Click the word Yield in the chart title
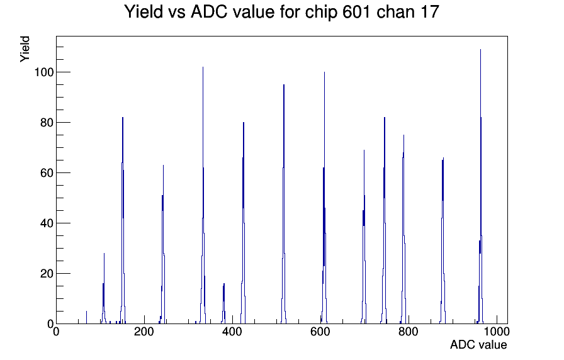(144, 12)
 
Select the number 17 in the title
(429, 12)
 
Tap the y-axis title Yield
(25, 49)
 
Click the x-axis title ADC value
(478, 344)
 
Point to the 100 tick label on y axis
(43, 72)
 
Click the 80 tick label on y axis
(47, 123)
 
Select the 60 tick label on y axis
(47, 173)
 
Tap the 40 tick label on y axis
(47, 223)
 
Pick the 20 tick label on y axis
(47, 274)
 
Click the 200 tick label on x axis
(144, 331)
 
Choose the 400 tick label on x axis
(232, 331)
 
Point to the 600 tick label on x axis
(320, 331)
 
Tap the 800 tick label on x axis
(409, 331)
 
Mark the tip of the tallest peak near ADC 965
(480, 50)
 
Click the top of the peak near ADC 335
(203, 67)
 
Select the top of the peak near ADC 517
(284, 85)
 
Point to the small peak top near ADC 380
(223, 284)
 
